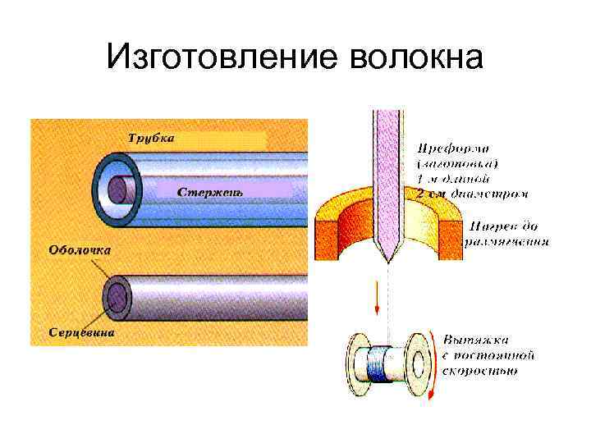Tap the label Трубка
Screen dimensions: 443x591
[x=150, y=139]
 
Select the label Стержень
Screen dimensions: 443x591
[x=210, y=191]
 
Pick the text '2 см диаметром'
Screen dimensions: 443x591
[x=473, y=194]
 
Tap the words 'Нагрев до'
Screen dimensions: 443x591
[x=506, y=226]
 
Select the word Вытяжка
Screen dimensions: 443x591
[x=476, y=339]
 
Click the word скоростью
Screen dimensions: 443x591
[x=481, y=371]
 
